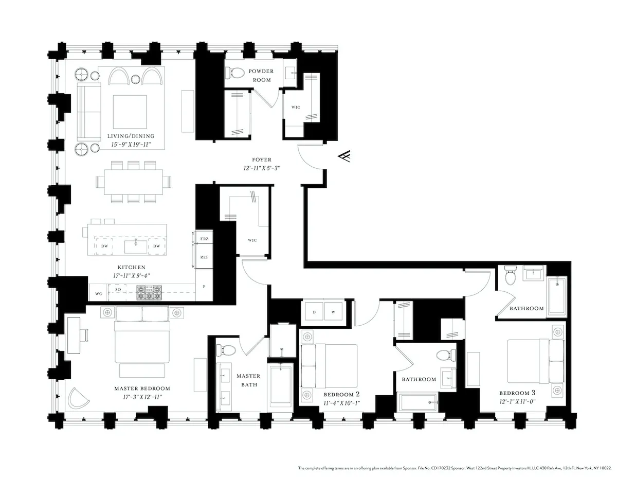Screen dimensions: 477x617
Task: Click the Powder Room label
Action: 261,75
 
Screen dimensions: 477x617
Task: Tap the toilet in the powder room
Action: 235,73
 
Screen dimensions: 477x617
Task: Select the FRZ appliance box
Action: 204,239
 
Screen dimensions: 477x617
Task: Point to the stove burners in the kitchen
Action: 150,293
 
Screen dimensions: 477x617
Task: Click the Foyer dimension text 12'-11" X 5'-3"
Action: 261,168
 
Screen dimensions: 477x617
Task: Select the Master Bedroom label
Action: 142,388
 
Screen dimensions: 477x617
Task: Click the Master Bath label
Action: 248,380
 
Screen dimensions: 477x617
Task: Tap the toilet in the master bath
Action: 227,350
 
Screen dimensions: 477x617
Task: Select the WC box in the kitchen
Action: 98,293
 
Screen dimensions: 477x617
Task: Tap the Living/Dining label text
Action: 131,136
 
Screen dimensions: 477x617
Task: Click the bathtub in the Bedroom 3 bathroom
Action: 556,296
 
